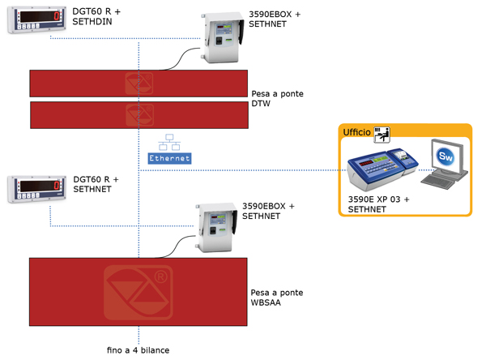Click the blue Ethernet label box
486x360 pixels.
(x=169, y=158)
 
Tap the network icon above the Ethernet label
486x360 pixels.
(x=169, y=142)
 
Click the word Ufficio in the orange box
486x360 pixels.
(x=356, y=132)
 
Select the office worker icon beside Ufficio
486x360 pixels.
(x=382, y=135)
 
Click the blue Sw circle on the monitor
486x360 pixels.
(x=446, y=156)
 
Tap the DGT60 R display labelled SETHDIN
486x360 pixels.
(x=37, y=19)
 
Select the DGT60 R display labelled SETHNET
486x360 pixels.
(x=37, y=189)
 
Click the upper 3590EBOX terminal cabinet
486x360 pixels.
(x=223, y=37)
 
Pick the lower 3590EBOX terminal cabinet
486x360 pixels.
(x=216, y=227)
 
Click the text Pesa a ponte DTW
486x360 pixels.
(x=277, y=99)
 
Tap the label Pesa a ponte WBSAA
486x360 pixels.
(x=277, y=298)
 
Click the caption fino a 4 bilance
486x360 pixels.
(x=139, y=350)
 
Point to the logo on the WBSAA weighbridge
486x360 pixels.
(x=139, y=293)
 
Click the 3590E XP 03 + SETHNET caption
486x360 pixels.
(x=378, y=204)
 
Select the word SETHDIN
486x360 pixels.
(x=92, y=22)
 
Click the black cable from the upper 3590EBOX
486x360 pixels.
(x=180, y=58)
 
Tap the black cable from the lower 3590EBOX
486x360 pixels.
(x=176, y=246)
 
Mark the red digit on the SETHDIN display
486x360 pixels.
(x=57, y=16)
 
